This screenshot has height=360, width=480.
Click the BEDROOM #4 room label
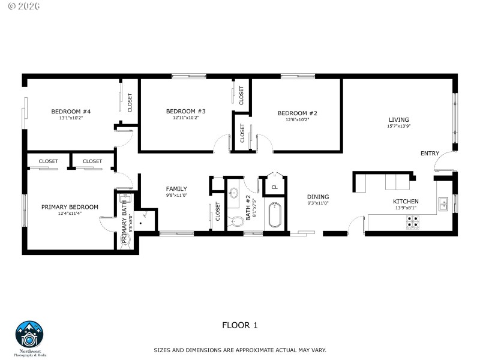[71, 112]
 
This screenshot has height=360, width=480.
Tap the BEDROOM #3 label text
[185, 111]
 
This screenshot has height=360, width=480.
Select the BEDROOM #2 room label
[297, 113]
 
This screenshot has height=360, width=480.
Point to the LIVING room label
[398, 119]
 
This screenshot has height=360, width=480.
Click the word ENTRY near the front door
[430, 154]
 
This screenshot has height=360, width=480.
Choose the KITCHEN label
[406, 202]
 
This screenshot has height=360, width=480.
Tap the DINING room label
[318, 197]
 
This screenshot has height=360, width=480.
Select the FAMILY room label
[176, 188]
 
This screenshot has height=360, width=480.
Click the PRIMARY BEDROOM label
[70, 207]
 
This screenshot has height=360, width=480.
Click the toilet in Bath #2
[236, 220]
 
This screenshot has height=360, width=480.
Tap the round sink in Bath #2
[234, 193]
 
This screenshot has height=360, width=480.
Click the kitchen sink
[443, 204]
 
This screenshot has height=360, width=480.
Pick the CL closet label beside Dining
[275, 187]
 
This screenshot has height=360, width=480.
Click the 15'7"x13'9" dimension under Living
[398, 126]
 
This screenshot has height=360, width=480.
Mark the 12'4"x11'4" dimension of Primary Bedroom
[70, 214]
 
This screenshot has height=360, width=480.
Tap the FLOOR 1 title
[239, 326]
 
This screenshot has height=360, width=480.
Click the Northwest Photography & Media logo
[31, 337]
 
